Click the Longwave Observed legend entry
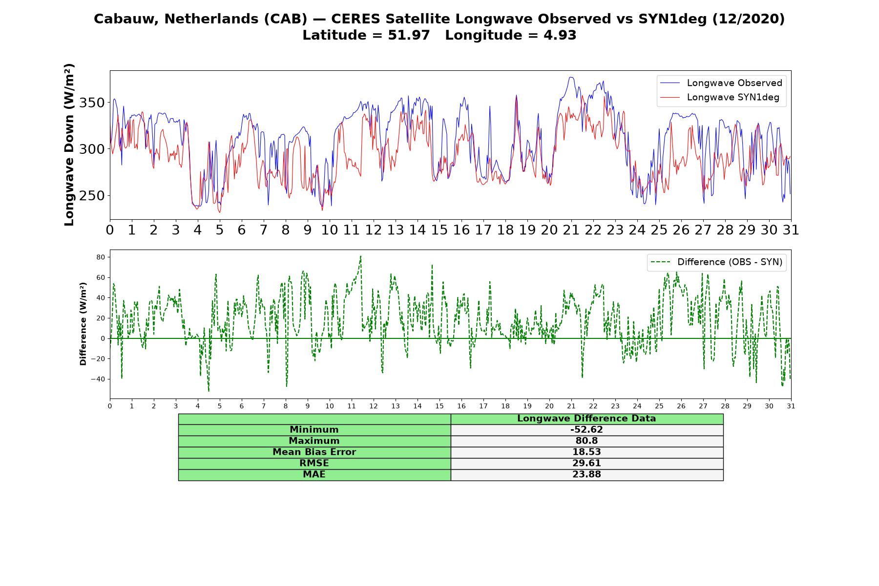coord(720,83)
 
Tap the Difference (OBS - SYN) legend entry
coord(717,262)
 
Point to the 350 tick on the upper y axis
coord(92,103)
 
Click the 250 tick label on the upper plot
coord(92,196)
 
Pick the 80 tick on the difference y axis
coord(101,257)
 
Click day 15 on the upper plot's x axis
coord(439,230)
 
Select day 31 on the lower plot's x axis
coord(791,406)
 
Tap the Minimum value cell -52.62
coord(586,430)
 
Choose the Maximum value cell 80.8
coord(586,441)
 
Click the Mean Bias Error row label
coord(314,452)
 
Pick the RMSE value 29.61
coord(586,463)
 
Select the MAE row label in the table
coord(314,474)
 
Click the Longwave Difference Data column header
coord(586,419)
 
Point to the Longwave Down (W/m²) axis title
coord(69,145)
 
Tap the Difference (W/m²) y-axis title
coord(83,324)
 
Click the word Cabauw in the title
coord(126,19)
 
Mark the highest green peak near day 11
coord(360,256)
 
